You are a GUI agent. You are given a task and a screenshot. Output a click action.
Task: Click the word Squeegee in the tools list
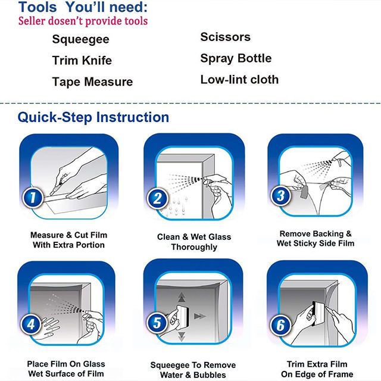tap(81, 39)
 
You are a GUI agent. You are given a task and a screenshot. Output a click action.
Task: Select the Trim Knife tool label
tap(82, 60)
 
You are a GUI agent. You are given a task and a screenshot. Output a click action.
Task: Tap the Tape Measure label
tap(92, 82)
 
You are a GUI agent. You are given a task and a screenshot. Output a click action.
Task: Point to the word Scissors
tap(225, 37)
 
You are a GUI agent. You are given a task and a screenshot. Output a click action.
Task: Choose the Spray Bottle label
tap(236, 58)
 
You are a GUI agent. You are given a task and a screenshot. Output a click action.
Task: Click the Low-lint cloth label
tap(239, 79)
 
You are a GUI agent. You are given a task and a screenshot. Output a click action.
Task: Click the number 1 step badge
tap(33, 198)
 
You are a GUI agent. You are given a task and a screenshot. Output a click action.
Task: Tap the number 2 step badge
tap(157, 198)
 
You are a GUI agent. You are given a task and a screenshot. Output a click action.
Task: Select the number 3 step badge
tap(280, 196)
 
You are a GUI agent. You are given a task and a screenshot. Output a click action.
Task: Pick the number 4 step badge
tap(30, 324)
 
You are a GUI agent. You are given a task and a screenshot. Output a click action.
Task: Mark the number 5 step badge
tap(157, 323)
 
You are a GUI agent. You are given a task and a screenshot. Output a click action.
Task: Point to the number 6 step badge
tap(280, 325)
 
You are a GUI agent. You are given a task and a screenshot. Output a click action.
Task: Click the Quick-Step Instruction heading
tap(93, 117)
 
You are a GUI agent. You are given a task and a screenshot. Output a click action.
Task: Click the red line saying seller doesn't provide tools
tap(83, 21)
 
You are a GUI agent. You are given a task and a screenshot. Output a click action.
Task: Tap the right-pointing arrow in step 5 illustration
tap(200, 316)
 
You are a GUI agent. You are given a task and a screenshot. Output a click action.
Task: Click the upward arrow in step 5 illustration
tap(182, 297)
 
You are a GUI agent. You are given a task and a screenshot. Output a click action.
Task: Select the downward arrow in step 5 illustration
tap(182, 336)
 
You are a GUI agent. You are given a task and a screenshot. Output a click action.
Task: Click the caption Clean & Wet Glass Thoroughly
tap(194, 242)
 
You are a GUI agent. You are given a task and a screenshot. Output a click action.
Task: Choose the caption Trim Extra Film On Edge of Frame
tap(317, 369)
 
